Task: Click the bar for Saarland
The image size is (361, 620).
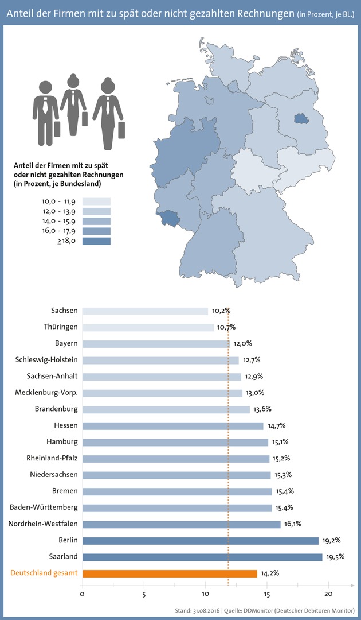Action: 202,557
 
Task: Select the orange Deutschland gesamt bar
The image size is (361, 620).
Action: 170,573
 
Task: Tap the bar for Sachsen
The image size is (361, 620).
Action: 145,311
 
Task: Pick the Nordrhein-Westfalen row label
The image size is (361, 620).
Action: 43,524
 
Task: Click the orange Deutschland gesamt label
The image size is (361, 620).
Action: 44,573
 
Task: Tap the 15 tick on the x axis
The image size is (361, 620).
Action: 267,594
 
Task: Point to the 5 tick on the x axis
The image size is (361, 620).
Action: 144,594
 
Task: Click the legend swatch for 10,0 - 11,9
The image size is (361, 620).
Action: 96,201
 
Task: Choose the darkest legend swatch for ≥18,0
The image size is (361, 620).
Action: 96,241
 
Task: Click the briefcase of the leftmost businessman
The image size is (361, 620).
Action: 57,129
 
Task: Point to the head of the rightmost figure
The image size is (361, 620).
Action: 107,86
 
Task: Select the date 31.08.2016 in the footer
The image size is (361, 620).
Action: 212,610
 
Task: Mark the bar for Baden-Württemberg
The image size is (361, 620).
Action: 177,508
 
